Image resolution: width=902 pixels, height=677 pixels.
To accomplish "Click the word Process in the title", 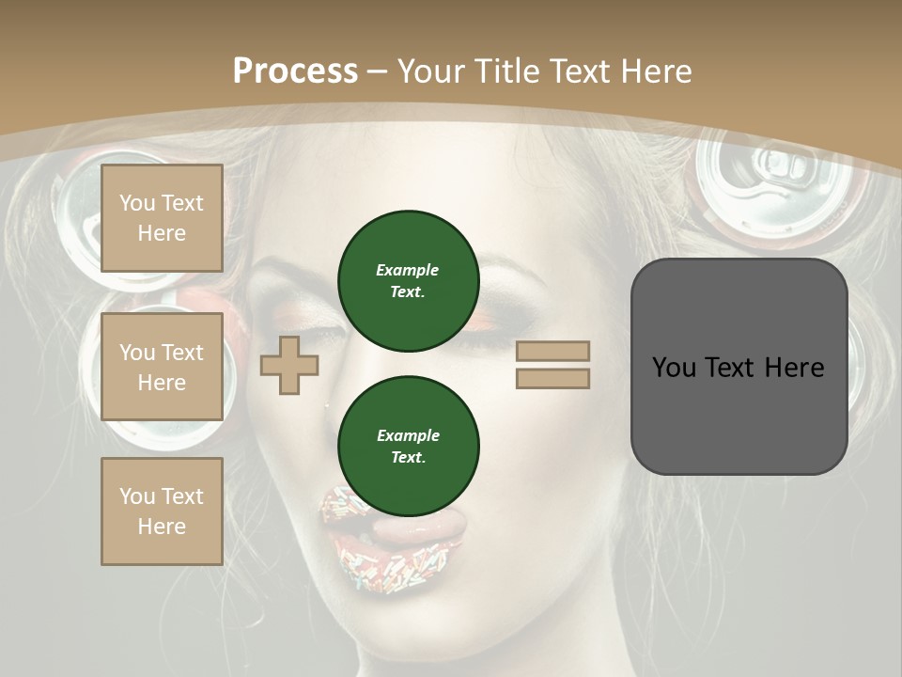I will point(295,71).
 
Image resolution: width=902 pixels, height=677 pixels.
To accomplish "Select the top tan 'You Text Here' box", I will point(162,218).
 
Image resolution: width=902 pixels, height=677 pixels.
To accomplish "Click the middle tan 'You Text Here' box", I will point(162,367).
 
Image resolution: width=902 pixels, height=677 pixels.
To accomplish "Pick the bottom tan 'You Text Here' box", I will point(162,512).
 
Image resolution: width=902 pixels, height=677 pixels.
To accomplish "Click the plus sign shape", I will point(289,365).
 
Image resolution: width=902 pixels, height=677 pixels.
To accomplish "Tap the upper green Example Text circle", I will point(408,281).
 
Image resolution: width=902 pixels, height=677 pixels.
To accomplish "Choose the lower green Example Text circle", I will point(408,446).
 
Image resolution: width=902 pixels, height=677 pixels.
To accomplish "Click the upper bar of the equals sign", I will point(552,351).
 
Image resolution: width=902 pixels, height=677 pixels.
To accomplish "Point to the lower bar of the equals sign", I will point(552,378).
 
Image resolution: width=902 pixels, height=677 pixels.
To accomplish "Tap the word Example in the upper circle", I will point(408,270).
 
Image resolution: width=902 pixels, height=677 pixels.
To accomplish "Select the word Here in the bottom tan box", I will point(162,527).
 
